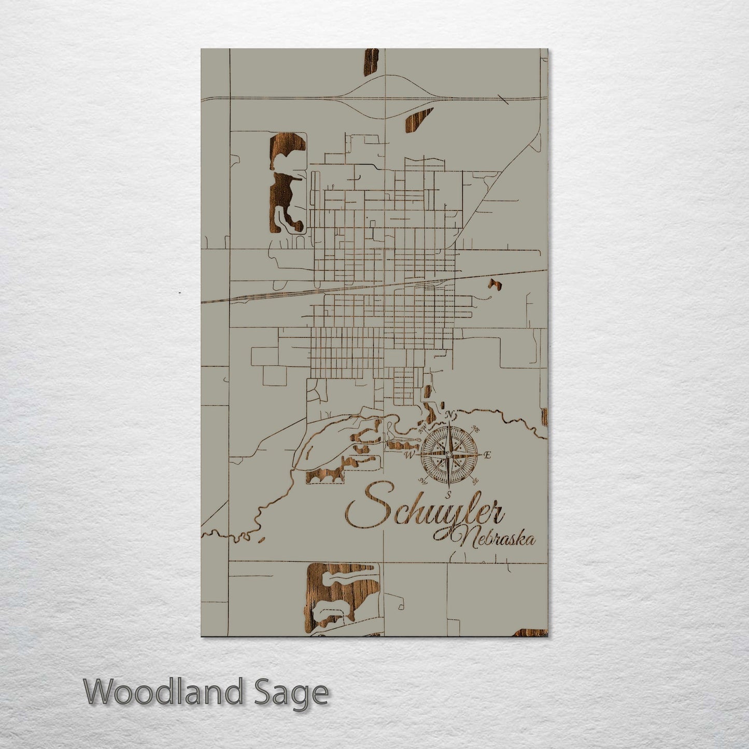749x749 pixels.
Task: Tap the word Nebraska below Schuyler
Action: click(x=490, y=538)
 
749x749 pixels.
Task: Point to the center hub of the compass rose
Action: click(x=449, y=455)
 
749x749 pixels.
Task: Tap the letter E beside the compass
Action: click(x=487, y=455)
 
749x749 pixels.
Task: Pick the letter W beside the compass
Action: click(x=409, y=455)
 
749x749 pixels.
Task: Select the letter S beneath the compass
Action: click(x=449, y=493)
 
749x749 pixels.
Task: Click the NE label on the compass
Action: click(x=475, y=429)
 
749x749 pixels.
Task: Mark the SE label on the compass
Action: click(x=475, y=481)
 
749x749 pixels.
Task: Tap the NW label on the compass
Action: click(x=422, y=429)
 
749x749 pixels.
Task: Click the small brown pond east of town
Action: click(x=492, y=284)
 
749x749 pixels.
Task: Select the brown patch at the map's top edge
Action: click(x=371, y=62)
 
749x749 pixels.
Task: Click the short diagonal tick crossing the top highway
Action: click(x=502, y=100)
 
